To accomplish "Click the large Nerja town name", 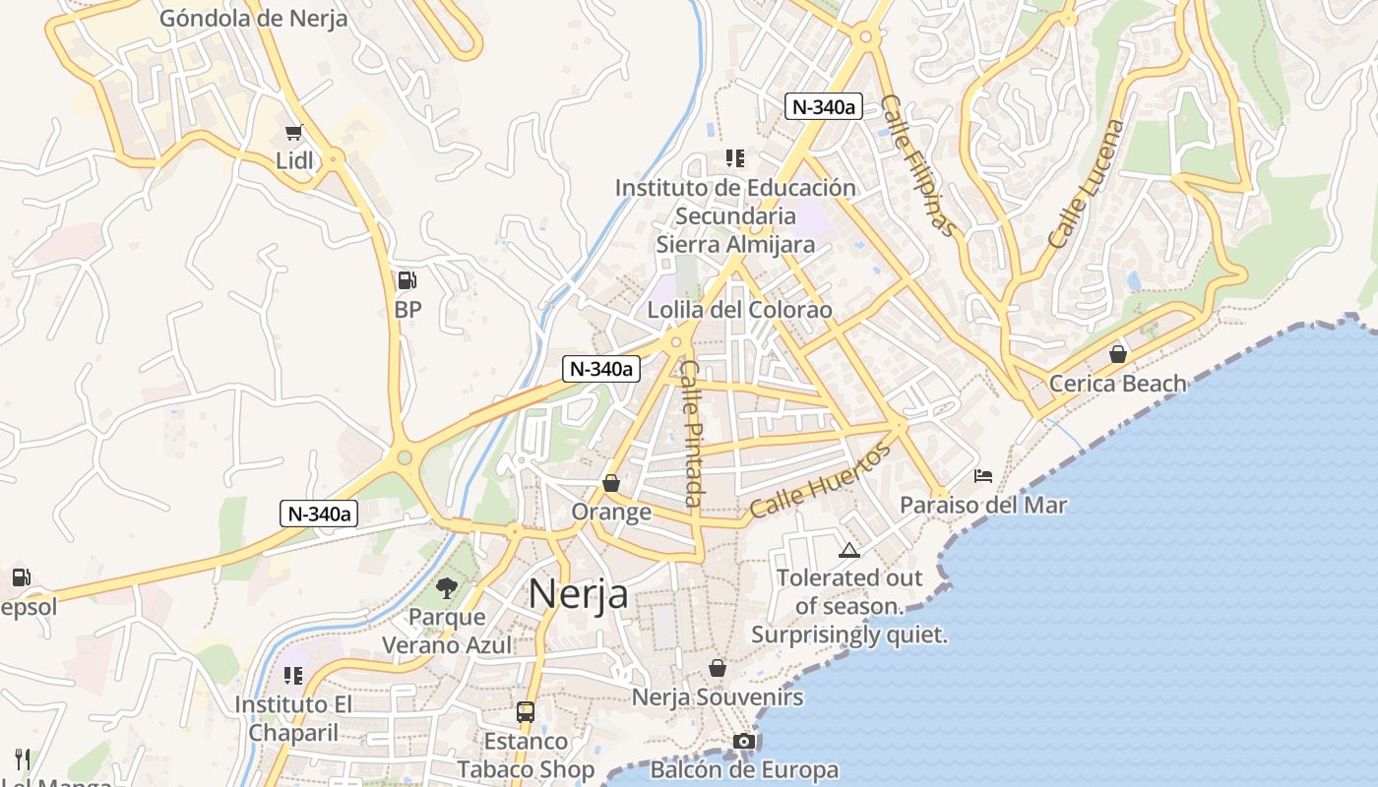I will [578, 594].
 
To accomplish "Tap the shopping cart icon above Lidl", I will [293, 132].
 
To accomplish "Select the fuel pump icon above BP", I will [407, 281].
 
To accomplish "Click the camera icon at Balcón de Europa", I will [744, 741].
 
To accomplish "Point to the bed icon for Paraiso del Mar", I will [982, 476].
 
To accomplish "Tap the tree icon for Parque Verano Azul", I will [447, 588].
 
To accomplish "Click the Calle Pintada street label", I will [692, 433].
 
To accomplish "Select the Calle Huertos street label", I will [819, 480].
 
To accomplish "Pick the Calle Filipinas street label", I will [918, 165].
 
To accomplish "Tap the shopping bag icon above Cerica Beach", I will [1118, 353].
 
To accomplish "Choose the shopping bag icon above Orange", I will [611, 483].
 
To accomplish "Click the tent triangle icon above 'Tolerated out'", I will [848, 550].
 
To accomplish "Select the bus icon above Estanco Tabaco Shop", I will [526, 711].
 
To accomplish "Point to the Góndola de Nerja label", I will [253, 19].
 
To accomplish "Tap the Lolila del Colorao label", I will [739, 310].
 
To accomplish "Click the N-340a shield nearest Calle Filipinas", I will [823, 106].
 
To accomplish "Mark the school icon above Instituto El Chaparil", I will [292, 676].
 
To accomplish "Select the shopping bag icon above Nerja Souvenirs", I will [718, 668].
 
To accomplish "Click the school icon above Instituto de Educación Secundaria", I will [734, 157].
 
